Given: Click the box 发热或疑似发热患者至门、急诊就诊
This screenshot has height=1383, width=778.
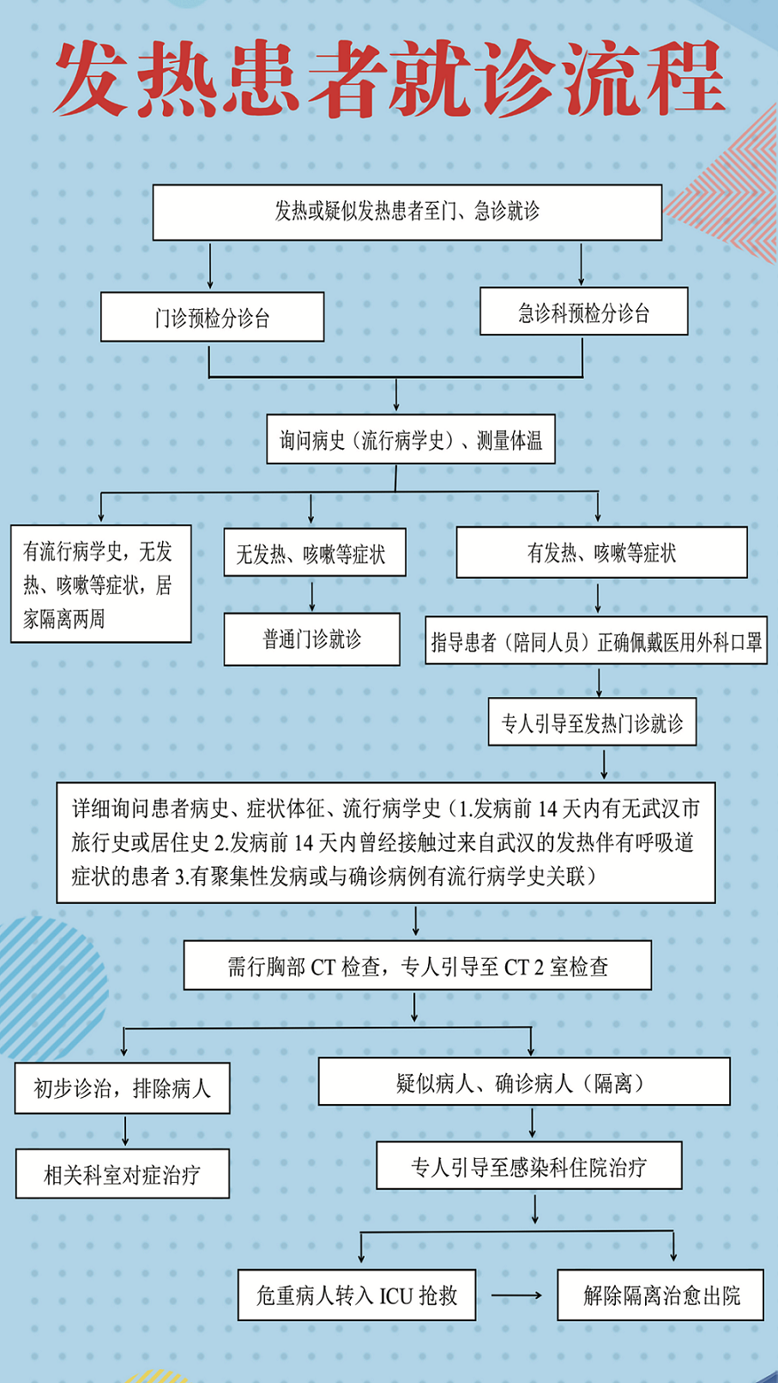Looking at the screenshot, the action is (407, 212).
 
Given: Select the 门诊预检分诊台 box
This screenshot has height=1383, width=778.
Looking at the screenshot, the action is (212, 317).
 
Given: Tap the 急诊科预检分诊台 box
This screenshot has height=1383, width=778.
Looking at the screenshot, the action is (583, 311).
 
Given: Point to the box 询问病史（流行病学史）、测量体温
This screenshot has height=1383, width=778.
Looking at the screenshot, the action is (411, 439).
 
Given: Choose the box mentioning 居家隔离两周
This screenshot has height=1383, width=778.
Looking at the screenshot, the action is (100, 584).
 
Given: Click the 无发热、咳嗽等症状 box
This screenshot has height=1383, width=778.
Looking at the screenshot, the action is (315, 553).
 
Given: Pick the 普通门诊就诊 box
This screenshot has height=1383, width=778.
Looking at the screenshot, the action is (311, 639).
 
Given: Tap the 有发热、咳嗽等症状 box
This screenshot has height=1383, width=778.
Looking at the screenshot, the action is (601, 553).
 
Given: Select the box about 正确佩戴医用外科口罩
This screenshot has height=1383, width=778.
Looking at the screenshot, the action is (596, 640).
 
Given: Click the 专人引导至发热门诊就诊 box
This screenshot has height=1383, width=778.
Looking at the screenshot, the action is (592, 722).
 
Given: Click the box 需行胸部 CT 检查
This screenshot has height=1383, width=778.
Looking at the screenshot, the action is (418, 966).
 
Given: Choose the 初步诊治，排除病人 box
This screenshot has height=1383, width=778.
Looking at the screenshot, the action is (122, 1089).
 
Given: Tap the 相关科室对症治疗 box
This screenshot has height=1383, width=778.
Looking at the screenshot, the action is (122, 1174).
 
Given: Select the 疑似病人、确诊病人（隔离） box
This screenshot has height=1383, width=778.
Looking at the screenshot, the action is (524, 1082).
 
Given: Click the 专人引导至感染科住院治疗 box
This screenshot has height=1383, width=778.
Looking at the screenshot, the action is (529, 1166).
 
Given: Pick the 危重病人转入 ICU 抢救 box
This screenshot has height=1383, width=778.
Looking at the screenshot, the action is (357, 1295).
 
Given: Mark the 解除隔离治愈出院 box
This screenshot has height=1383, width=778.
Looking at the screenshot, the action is (660, 1295).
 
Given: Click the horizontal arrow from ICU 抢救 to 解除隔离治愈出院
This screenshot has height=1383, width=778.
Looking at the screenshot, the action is (517, 1295).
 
